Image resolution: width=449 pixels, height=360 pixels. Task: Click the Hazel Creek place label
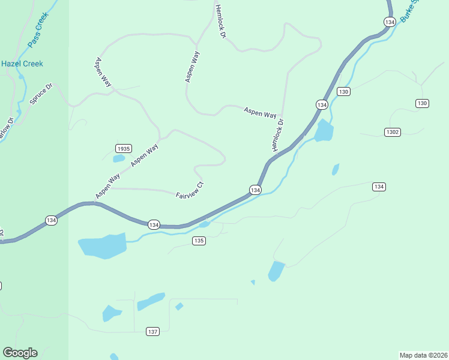[x=22, y=64]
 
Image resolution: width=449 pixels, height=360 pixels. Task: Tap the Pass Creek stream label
[x=37, y=31]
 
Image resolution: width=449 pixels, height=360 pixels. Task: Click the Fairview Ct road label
[x=190, y=190]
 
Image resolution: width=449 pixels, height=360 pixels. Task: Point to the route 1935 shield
[x=124, y=148]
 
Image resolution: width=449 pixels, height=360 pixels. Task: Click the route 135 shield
[x=199, y=241]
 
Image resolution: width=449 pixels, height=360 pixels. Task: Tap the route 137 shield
[x=152, y=331]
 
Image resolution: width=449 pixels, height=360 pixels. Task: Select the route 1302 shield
[x=392, y=132]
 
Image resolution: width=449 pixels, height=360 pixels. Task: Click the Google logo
[x=20, y=353]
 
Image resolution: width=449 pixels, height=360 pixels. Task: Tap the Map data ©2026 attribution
[x=423, y=355]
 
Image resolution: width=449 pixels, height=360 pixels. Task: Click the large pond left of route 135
[x=103, y=245]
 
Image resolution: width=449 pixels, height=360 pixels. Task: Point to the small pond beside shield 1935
[x=119, y=159]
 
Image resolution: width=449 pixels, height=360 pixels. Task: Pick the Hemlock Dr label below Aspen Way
[x=277, y=134]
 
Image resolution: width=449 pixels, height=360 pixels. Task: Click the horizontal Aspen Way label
[x=260, y=112]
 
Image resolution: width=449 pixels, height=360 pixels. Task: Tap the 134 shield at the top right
[x=390, y=22]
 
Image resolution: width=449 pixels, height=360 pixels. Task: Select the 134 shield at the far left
[x=51, y=221]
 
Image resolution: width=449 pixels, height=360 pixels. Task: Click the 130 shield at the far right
[x=422, y=103]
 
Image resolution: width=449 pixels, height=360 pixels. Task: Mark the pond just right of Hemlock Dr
[x=324, y=130]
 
